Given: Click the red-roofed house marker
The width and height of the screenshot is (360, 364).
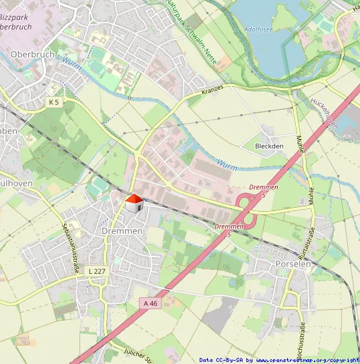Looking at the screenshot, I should click(x=134, y=203).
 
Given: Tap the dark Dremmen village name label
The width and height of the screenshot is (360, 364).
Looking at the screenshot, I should click(x=123, y=231).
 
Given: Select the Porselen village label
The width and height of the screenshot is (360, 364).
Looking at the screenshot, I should click(x=293, y=264).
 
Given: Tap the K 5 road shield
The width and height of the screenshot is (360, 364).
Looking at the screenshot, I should click(x=54, y=102).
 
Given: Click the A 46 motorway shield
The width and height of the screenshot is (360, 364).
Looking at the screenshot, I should click(x=150, y=303).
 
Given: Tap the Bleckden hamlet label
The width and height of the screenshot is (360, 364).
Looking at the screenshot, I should click(x=270, y=146).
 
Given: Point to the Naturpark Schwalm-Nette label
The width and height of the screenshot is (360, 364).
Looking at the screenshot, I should click(x=191, y=30).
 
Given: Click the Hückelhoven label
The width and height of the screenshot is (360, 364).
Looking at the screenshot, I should click(x=327, y=110).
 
